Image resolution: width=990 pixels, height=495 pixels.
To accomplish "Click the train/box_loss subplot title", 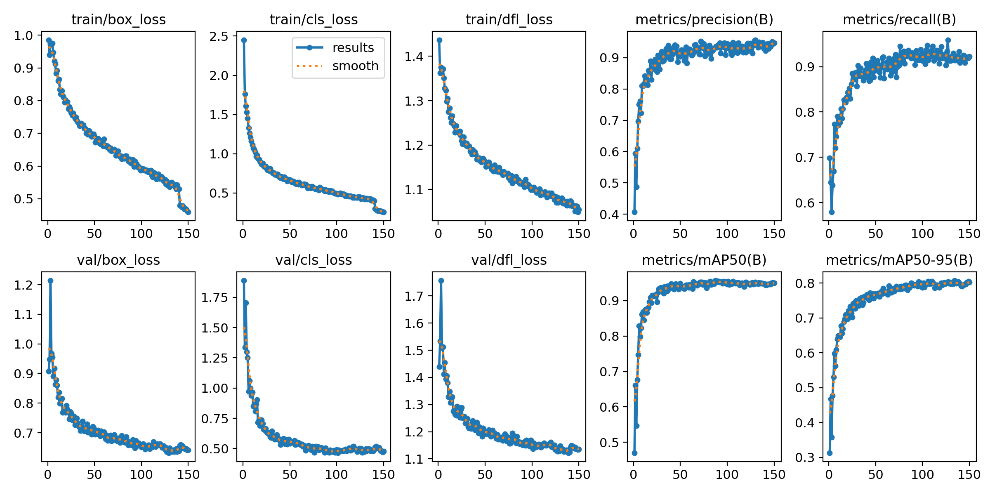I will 118,20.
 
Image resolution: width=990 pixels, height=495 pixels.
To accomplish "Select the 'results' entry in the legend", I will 353,48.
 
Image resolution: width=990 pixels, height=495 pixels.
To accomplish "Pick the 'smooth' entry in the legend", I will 355,66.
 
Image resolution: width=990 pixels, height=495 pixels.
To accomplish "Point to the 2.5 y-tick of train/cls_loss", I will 219,36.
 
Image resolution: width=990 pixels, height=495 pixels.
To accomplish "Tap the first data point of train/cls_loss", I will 244,40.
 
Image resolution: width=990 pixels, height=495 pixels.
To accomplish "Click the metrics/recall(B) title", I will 899,20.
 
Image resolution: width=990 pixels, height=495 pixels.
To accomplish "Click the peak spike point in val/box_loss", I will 50,280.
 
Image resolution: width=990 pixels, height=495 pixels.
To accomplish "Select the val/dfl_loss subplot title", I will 509,260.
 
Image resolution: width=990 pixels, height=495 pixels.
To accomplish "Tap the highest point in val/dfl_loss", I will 441,280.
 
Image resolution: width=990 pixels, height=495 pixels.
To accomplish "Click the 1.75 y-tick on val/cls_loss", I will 214,297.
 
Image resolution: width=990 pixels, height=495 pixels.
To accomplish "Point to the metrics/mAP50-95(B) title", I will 899,260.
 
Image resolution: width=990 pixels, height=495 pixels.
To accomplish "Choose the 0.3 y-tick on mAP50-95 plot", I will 804,457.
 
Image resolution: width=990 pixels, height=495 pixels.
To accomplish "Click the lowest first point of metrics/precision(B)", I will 634,212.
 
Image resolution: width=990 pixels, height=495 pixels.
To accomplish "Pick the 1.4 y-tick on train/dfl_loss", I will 414,57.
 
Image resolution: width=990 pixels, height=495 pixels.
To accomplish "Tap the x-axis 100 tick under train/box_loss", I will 141,234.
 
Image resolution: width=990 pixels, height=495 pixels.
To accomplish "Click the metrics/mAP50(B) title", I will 704,260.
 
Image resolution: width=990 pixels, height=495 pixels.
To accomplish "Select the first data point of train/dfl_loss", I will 439,40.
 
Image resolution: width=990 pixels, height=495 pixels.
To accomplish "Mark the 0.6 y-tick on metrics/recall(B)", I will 804,203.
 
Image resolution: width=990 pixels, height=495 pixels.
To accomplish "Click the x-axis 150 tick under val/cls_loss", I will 384,475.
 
